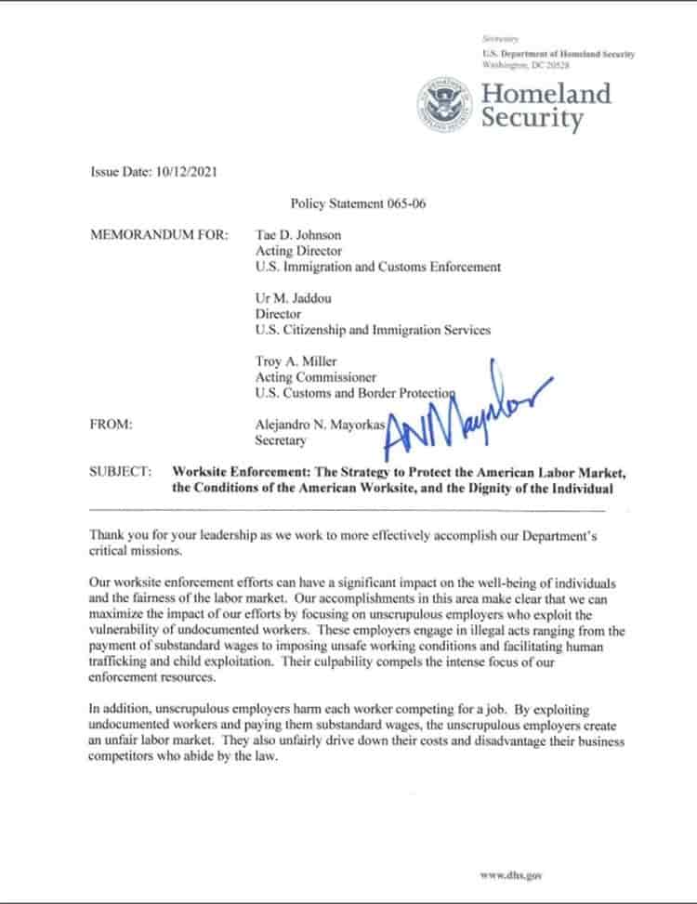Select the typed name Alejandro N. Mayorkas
click(320, 425)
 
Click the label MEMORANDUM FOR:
click(159, 235)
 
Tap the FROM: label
click(111, 425)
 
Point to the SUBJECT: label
click(120, 472)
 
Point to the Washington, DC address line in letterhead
click(526, 65)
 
